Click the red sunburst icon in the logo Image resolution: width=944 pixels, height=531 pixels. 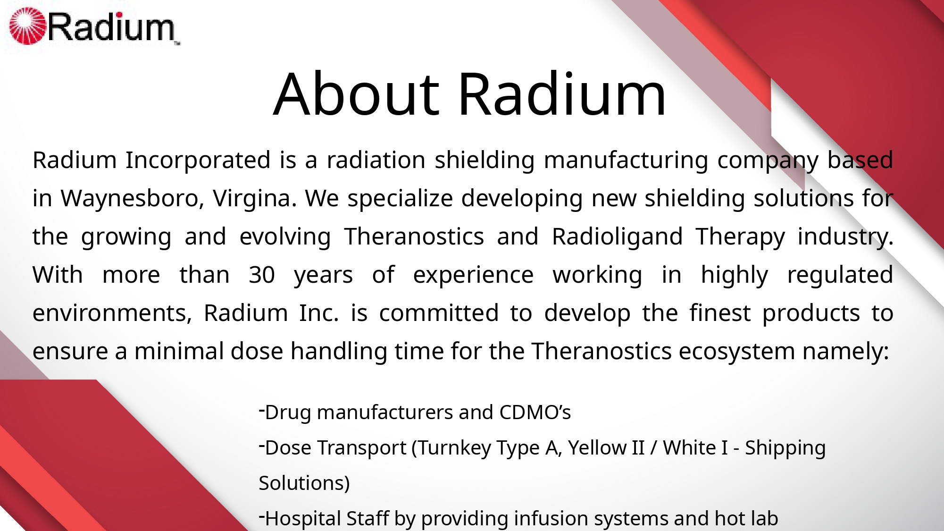[27, 26]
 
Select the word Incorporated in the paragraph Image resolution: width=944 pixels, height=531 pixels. [198, 160]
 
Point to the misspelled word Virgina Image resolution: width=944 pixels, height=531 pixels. [254, 198]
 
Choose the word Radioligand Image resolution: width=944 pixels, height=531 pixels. [617, 236]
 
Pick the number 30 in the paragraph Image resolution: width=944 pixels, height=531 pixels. [262, 275]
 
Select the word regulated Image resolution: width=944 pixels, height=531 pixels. [840, 275]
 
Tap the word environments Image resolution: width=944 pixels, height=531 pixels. [112, 313]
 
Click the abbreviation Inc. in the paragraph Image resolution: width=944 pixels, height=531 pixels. [319, 313]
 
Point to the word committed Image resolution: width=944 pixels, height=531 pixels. [439, 313]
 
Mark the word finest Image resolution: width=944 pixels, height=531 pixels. [720, 313]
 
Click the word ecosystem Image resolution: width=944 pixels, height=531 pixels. [737, 351]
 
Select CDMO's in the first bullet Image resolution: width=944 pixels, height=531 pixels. [535, 413]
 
